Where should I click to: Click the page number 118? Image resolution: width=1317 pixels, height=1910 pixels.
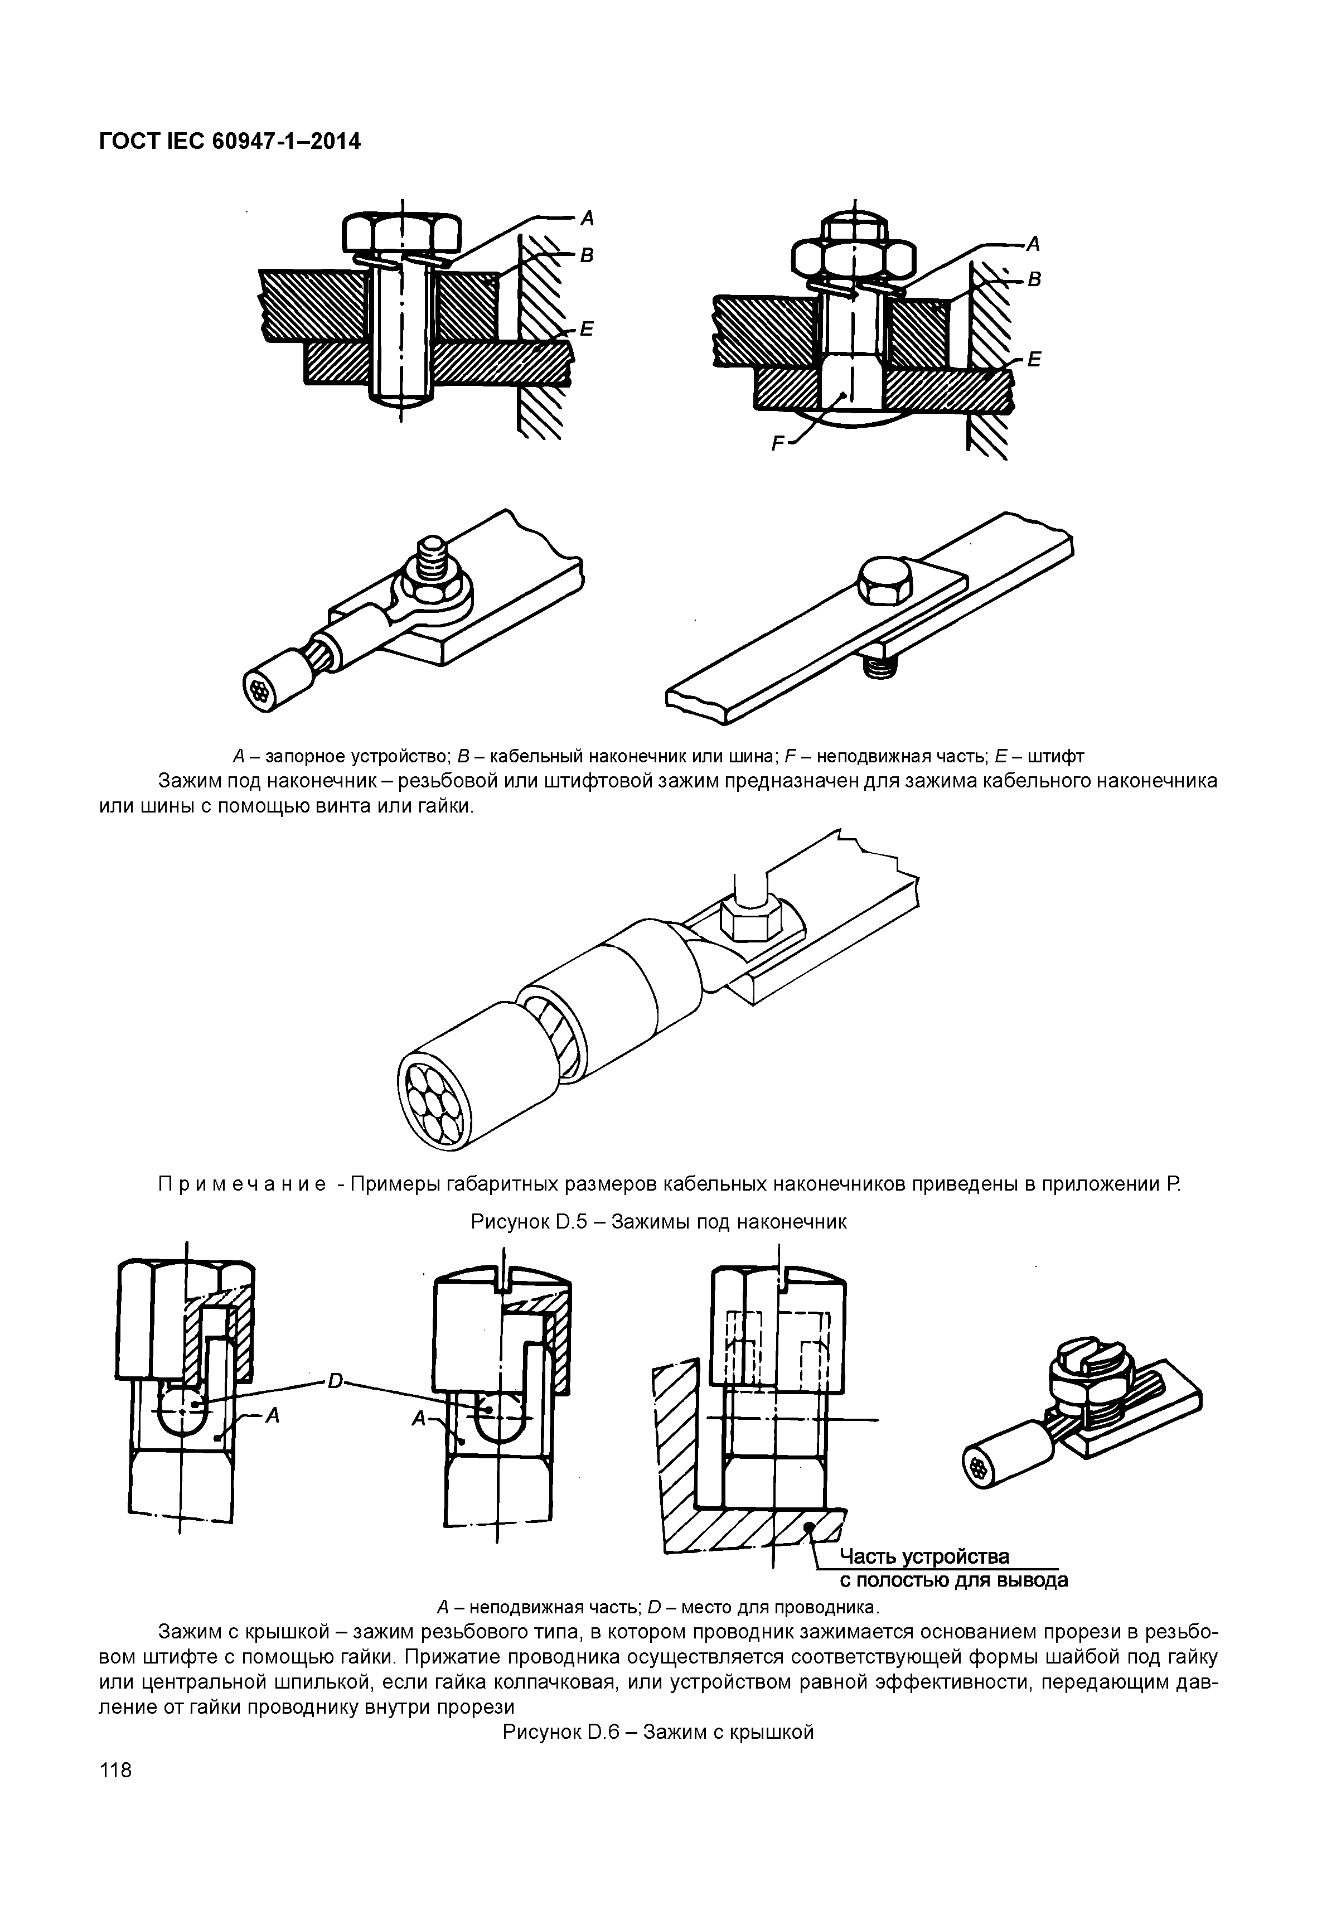coord(115,1771)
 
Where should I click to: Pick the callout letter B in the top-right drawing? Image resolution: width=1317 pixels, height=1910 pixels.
coord(1034,281)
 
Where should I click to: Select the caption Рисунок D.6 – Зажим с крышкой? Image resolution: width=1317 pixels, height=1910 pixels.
coord(658,1732)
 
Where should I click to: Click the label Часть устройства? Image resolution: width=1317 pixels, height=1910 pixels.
coord(924,1557)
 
